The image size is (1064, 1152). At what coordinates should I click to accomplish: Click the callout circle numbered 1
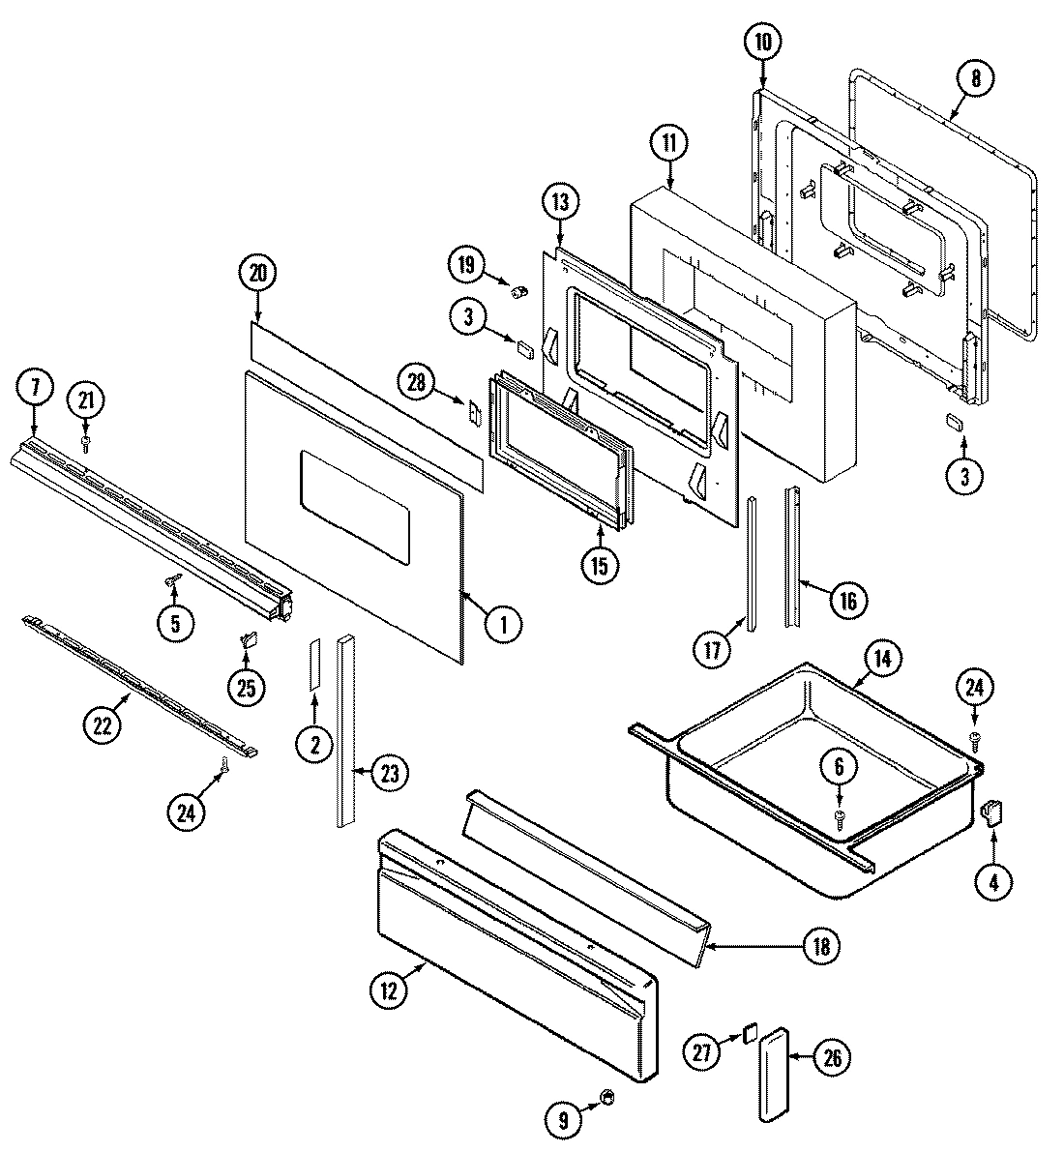503,624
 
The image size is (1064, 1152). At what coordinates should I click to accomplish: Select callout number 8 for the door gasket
975,80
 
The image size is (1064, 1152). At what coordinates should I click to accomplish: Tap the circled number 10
762,42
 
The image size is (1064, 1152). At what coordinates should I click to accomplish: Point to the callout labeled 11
668,142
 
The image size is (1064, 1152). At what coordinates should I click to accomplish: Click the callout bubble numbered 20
257,274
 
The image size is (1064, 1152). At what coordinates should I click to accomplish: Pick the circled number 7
35,390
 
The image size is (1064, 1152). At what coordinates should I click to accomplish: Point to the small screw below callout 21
86,443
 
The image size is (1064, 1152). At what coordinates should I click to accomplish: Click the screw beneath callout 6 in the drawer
840,818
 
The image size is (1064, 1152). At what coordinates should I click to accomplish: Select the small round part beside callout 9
608,1096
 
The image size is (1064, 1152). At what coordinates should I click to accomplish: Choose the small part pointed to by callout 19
517,287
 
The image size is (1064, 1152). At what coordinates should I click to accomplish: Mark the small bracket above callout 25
248,639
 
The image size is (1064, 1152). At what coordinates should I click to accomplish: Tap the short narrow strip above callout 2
314,664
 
